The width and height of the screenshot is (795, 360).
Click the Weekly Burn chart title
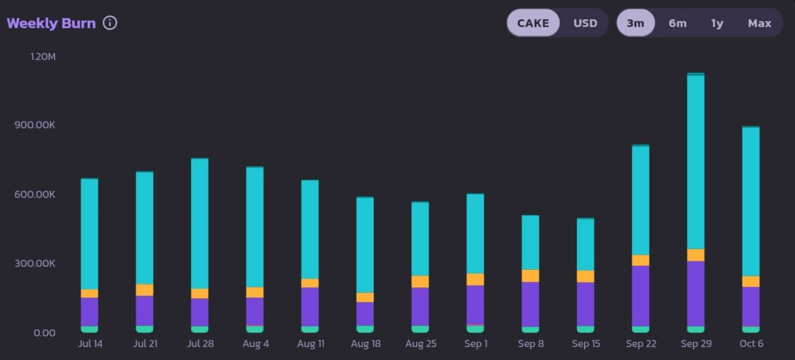point(51,24)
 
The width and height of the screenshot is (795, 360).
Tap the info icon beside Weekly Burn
point(110,23)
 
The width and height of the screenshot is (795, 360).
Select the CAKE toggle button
point(533,23)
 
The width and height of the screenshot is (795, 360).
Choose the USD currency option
point(585,23)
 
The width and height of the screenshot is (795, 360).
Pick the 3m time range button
point(635,23)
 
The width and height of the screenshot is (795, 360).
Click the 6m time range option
point(677,23)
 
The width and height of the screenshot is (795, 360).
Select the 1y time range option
point(717,23)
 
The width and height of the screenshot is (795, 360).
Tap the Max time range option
point(759,23)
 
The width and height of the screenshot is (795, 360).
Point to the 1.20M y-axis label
point(43,57)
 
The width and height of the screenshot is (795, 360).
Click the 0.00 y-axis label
point(44,333)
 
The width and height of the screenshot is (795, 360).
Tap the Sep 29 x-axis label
point(696,344)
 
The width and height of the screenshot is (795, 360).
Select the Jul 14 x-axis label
point(90,344)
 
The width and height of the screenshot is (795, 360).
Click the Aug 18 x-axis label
point(365,344)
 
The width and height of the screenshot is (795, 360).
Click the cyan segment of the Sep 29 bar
point(696,162)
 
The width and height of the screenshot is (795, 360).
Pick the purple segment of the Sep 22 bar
point(641,296)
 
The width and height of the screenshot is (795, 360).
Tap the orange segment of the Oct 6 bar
point(751,282)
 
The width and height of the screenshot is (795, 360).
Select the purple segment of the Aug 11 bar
point(310,307)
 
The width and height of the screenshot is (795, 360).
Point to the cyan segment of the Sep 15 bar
point(585,244)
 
